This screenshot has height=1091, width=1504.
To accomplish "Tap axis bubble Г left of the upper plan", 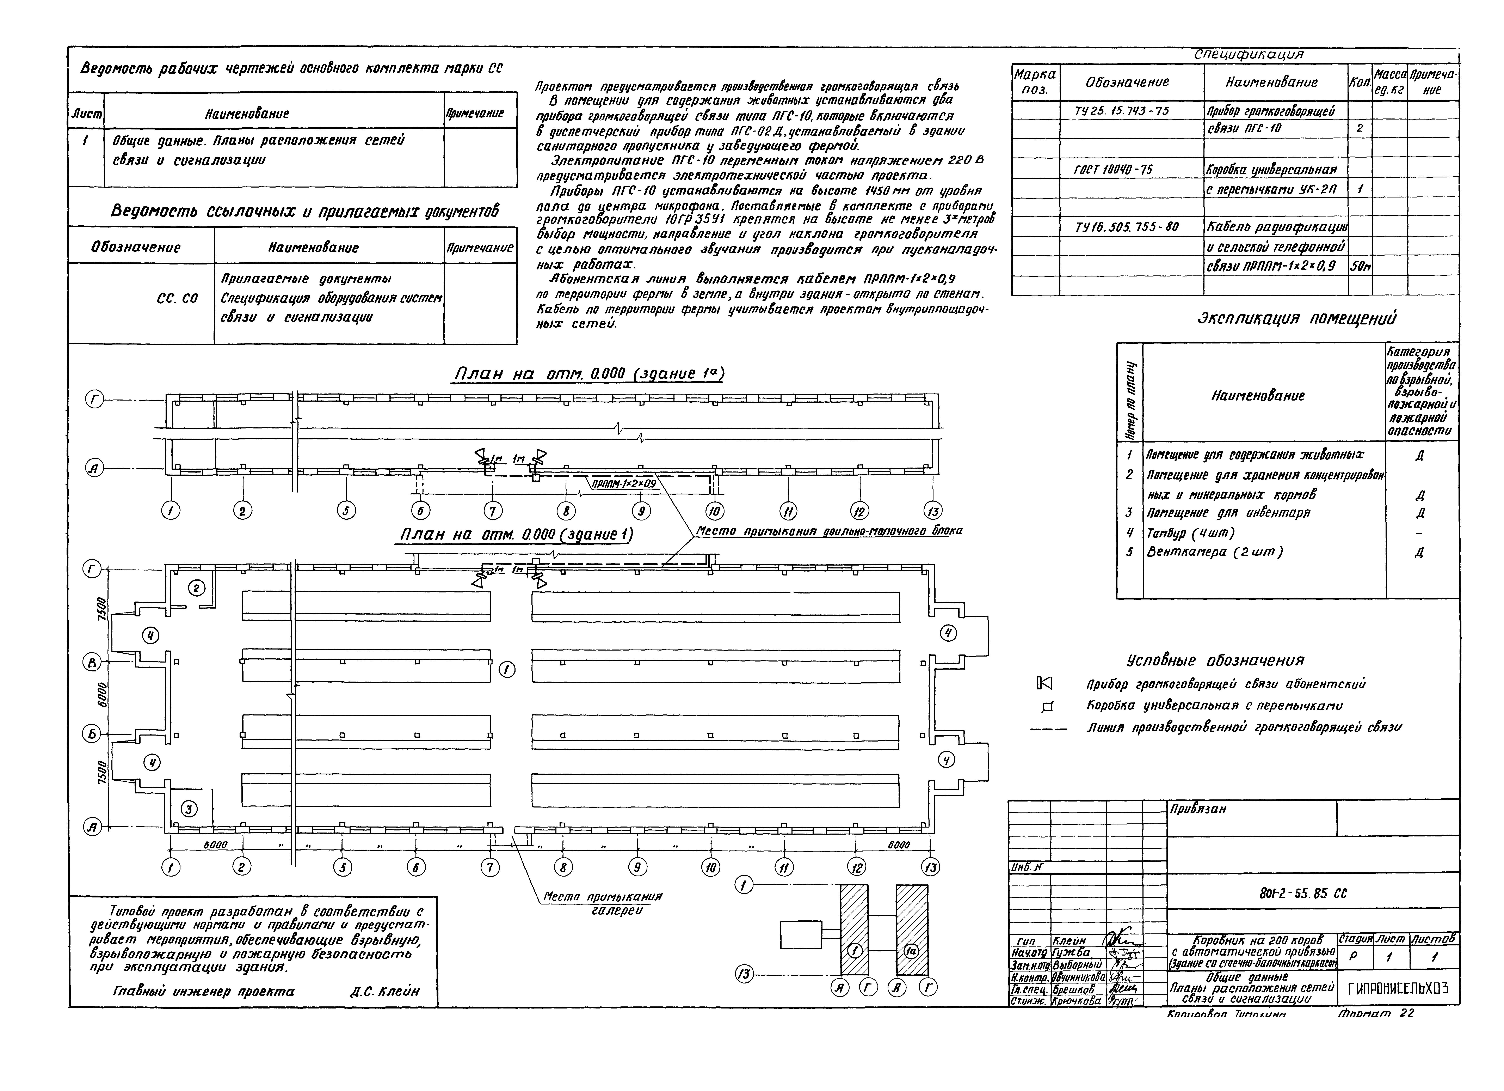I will coord(95,400).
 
